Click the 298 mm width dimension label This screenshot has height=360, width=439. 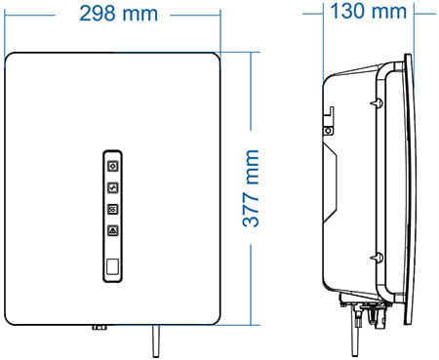pyautogui.click(x=119, y=14)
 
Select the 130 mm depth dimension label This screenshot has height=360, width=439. pyautogui.click(x=369, y=12)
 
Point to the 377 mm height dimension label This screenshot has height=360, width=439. pyautogui.click(x=251, y=188)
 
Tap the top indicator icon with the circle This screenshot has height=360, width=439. pyautogui.click(x=113, y=166)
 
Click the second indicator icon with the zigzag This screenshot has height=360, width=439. pyautogui.click(x=113, y=187)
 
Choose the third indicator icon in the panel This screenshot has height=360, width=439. pyautogui.click(x=113, y=209)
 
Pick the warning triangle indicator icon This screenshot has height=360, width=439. pyautogui.click(x=113, y=230)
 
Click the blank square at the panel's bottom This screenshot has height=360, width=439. pyautogui.click(x=112, y=266)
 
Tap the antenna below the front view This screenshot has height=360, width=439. pyautogui.click(x=156, y=340)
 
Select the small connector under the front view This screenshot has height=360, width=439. pyautogui.click(x=100, y=327)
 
